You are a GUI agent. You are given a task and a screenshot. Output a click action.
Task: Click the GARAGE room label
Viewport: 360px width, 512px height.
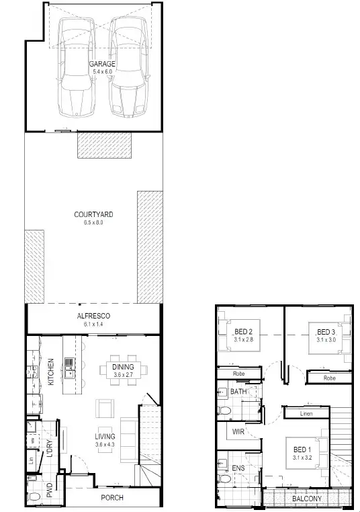(103, 64)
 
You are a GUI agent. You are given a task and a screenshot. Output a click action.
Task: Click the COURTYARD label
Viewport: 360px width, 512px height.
(93, 215)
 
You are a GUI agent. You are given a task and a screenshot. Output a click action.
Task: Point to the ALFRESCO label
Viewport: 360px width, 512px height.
(93, 316)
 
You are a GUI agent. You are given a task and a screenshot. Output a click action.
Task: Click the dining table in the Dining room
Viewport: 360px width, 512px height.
(123, 370)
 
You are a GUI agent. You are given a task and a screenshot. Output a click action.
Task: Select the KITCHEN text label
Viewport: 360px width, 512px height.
(50, 371)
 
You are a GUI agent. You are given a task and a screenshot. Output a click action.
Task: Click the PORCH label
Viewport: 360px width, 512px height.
(112, 498)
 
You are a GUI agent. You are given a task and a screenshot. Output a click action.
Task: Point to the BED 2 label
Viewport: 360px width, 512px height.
(243, 331)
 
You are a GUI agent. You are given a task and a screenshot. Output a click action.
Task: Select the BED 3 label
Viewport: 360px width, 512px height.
(326, 332)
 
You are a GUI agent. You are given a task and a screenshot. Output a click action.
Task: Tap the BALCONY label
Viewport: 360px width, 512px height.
(306, 499)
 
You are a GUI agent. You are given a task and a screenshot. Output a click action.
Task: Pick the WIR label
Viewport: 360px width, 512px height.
(237, 431)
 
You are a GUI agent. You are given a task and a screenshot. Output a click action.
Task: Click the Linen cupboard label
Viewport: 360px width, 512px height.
(306, 414)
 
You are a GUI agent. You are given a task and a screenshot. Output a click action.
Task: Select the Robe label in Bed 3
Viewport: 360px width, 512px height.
(328, 378)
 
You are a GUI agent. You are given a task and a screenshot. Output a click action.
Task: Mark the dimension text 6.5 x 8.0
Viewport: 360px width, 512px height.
(93, 223)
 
